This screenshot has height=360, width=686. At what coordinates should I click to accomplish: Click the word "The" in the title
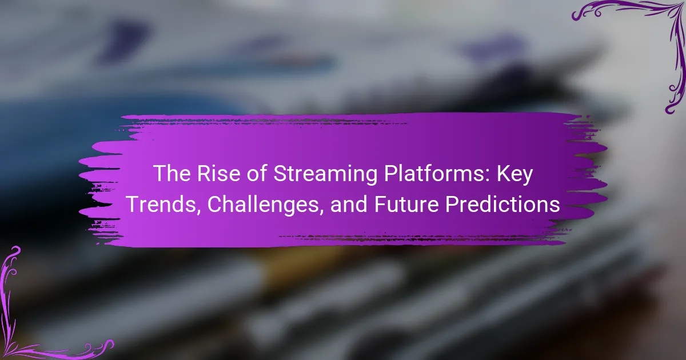click(x=172, y=174)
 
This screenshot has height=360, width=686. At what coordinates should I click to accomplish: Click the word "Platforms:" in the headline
click(x=437, y=174)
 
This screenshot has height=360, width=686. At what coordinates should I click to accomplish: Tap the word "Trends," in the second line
click(x=161, y=205)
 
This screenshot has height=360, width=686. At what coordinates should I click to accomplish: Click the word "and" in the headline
click(x=349, y=204)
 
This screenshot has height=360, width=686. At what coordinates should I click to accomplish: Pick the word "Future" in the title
click(x=406, y=205)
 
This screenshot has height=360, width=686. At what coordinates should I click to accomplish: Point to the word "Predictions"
click(x=503, y=204)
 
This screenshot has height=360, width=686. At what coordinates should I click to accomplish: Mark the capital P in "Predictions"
click(x=453, y=205)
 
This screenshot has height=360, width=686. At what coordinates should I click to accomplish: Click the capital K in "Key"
click(x=504, y=174)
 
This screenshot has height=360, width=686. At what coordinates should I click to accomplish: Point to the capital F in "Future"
click(x=381, y=205)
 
